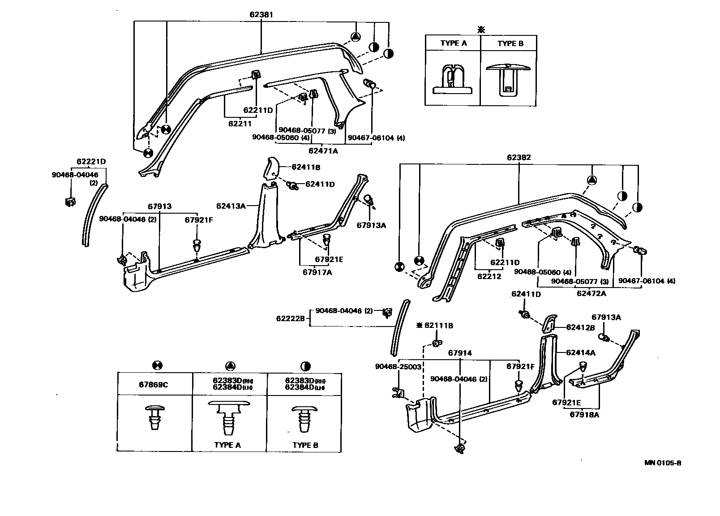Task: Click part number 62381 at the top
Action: click(x=261, y=15)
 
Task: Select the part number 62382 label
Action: click(x=519, y=158)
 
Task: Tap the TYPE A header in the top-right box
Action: click(x=453, y=43)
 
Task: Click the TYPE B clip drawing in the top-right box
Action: click(x=508, y=78)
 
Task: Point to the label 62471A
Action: click(x=323, y=151)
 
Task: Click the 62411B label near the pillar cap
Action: click(x=306, y=167)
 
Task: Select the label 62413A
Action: click(x=231, y=206)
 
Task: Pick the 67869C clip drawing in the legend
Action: click(x=154, y=417)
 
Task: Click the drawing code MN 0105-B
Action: click(x=663, y=463)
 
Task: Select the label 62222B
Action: click(x=290, y=318)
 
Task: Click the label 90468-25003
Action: click(x=398, y=366)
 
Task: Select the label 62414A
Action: click(x=580, y=353)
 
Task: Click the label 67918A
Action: click(x=584, y=415)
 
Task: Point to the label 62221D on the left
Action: click(x=91, y=161)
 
